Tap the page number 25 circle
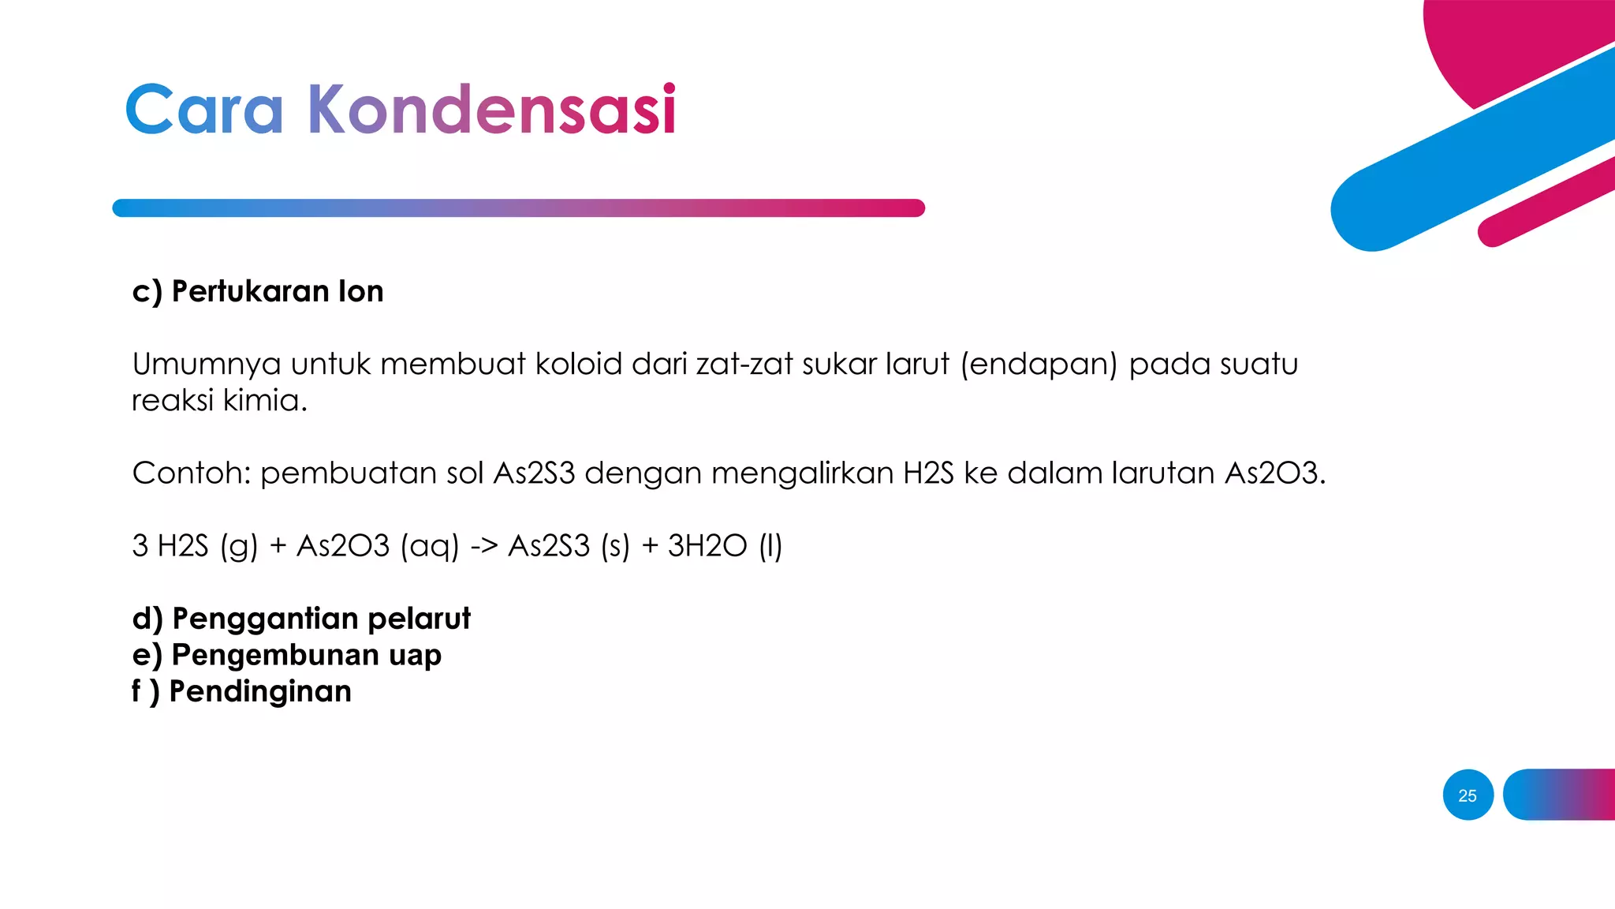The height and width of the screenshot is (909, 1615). (x=1468, y=795)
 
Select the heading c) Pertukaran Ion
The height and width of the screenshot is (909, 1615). (x=258, y=291)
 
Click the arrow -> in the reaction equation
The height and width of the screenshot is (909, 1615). (x=483, y=546)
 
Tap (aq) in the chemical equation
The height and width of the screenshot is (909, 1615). (x=429, y=546)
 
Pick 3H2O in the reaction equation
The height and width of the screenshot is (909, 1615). (x=707, y=546)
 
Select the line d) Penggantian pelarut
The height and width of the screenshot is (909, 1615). (x=301, y=619)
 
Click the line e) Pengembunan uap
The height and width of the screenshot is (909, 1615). (x=287, y=655)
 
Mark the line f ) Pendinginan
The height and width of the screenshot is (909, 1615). (x=241, y=691)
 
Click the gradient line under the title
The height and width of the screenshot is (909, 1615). (x=518, y=208)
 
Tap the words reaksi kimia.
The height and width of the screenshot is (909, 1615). (x=218, y=400)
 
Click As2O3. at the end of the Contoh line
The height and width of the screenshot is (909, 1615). (x=1275, y=473)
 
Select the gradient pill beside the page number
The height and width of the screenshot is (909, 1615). (x=1559, y=795)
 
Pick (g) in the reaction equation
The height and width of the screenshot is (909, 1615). (x=239, y=546)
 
